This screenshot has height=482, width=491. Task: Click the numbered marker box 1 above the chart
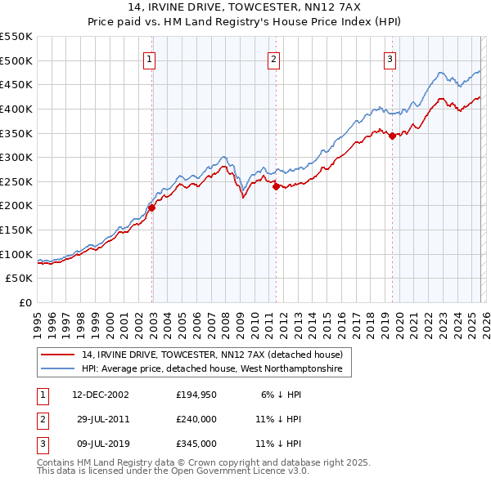[x=151, y=59]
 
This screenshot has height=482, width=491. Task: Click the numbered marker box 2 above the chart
[x=273, y=59]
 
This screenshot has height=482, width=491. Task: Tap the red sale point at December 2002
[x=152, y=208]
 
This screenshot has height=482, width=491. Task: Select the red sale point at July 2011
[x=276, y=186]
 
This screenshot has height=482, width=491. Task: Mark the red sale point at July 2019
[x=392, y=136]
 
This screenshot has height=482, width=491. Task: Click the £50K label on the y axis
[x=20, y=279]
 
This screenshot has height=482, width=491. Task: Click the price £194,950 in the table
[x=196, y=394]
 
